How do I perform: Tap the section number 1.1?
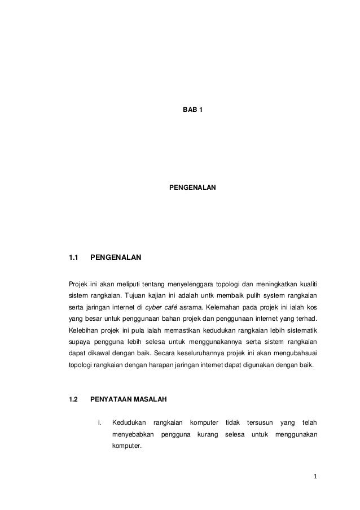pyautogui.click(x=73, y=259)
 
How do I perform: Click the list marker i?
pyautogui.click(x=99, y=423)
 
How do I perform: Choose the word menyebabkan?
pyautogui.click(x=133, y=435)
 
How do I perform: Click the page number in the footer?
pyautogui.click(x=315, y=482)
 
